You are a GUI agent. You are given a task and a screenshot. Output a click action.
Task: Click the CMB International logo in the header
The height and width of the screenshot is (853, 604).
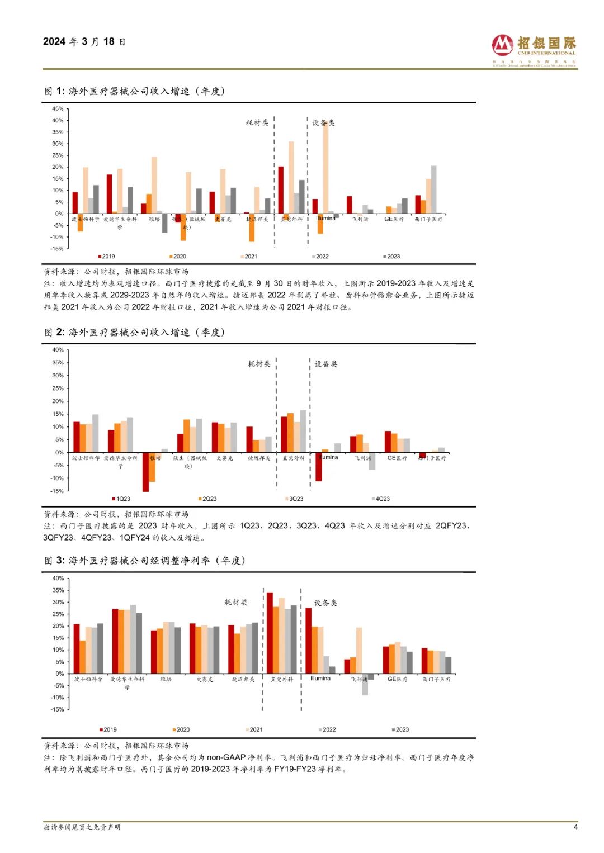tap(534, 50)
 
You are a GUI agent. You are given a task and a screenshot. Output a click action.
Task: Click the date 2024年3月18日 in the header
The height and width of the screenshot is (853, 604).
tap(84, 41)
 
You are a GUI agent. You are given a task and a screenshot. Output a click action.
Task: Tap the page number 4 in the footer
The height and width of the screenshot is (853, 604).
tap(575, 827)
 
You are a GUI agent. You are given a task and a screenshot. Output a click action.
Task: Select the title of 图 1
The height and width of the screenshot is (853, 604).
tap(134, 91)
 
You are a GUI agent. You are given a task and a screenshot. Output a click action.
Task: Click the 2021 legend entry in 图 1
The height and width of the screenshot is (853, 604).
tap(249, 257)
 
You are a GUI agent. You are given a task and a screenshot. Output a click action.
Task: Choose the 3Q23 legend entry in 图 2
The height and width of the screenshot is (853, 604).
tap(294, 499)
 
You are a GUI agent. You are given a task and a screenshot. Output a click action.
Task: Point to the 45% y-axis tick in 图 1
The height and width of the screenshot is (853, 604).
tap(58, 109)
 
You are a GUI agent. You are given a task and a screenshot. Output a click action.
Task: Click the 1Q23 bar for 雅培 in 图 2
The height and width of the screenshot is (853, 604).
tap(145, 472)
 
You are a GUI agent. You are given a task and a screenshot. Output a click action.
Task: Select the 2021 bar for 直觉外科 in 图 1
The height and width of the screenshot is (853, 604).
tap(291, 177)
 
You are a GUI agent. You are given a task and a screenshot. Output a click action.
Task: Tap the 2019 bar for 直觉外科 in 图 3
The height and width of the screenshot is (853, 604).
tap(270, 633)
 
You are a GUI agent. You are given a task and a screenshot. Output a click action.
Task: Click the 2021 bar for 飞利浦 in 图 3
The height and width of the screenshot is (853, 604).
tap(359, 651)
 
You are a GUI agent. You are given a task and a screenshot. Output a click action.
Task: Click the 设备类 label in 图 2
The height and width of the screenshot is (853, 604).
tap(325, 364)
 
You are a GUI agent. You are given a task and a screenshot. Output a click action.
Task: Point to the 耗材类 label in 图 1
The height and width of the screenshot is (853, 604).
tap(257, 122)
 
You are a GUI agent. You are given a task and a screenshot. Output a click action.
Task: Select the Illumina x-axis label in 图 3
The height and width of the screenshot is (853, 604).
tap(320, 679)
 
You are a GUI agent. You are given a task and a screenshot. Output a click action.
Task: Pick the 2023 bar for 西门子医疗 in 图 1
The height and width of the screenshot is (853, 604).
tap(434, 189)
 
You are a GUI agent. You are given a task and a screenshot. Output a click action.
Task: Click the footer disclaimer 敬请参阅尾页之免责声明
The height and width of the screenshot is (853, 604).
tap(82, 827)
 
